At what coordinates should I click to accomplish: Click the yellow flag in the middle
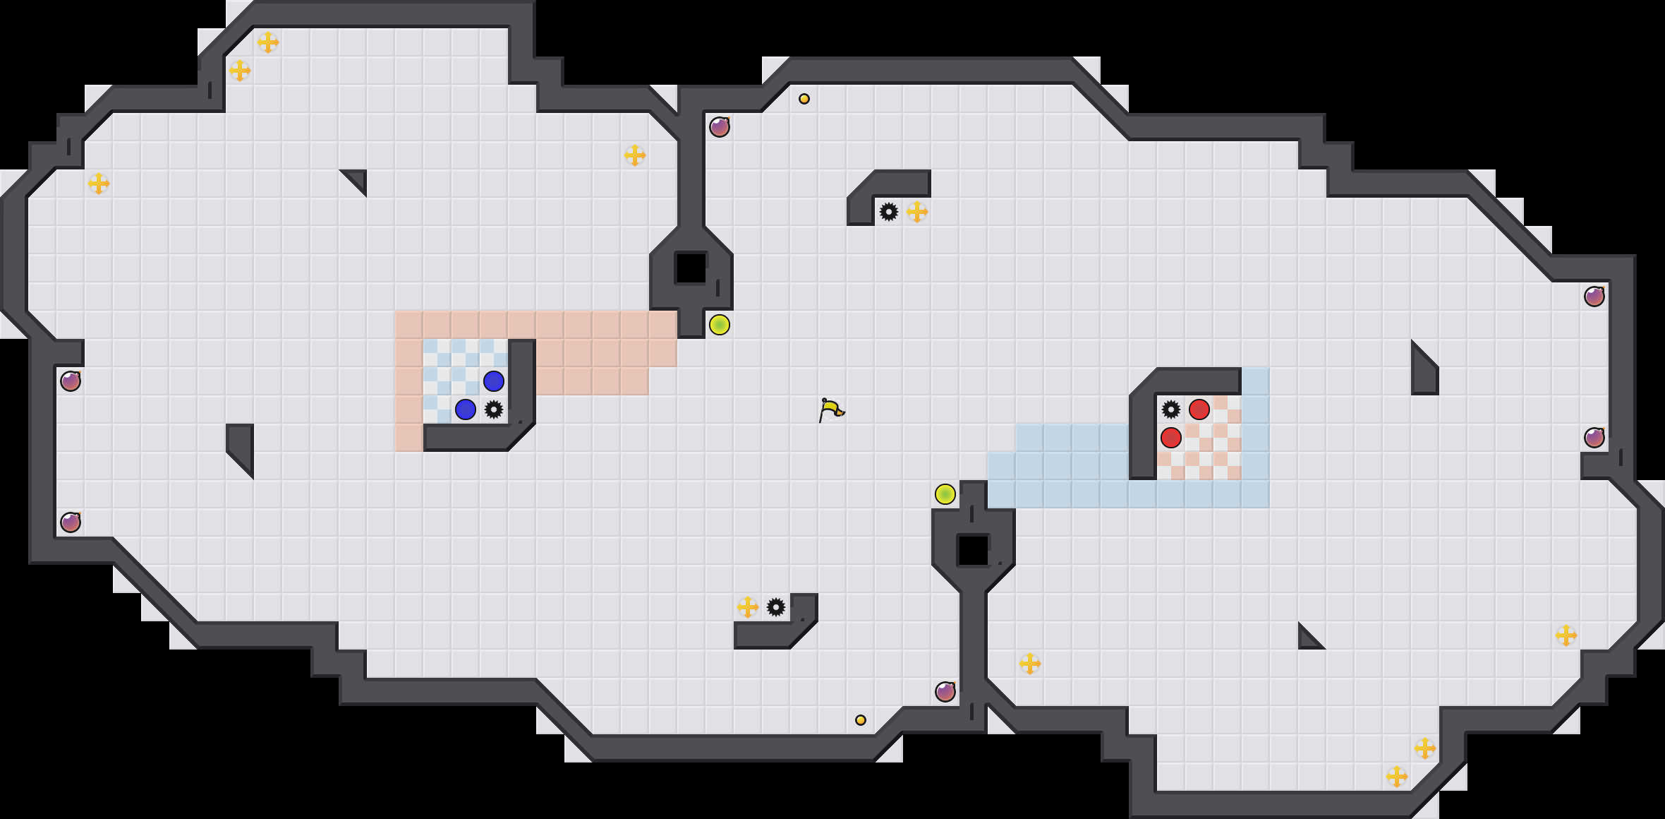click(x=831, y=409)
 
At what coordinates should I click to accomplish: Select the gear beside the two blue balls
click(x=494, y=409)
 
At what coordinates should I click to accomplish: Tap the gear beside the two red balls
click(x=1171, y=409)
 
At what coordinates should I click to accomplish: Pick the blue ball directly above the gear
click(x=494, y=381)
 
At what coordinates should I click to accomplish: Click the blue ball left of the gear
click(x=466, y=409)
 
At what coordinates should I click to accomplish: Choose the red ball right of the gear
click(x=1199, y=409)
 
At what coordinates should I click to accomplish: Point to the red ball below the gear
click(x=1171, y=438)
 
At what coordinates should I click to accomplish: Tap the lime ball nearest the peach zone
click(x=720, y=325)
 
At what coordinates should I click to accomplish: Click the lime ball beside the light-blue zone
click(x=945, y=494)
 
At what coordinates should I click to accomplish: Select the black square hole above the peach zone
click(x=691, y=268)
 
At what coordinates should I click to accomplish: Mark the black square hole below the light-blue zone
click(x=974, y=551)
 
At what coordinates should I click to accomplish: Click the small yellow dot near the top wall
click(x=804, y=99)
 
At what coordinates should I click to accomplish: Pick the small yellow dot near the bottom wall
click(x=861, y=720)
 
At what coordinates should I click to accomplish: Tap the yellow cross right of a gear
click(x=917, y=212)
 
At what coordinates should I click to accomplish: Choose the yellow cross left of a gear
click(x=748, y=607)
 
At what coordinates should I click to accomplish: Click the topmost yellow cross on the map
click(x=268, y=42)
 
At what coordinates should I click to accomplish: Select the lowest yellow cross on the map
click(x=1397, y=777)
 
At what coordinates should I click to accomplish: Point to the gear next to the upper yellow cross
click(x=889, y=212)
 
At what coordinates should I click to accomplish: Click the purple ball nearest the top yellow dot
click(x=720, y=127)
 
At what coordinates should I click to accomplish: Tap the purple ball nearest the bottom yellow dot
click(x=945, y=692)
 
